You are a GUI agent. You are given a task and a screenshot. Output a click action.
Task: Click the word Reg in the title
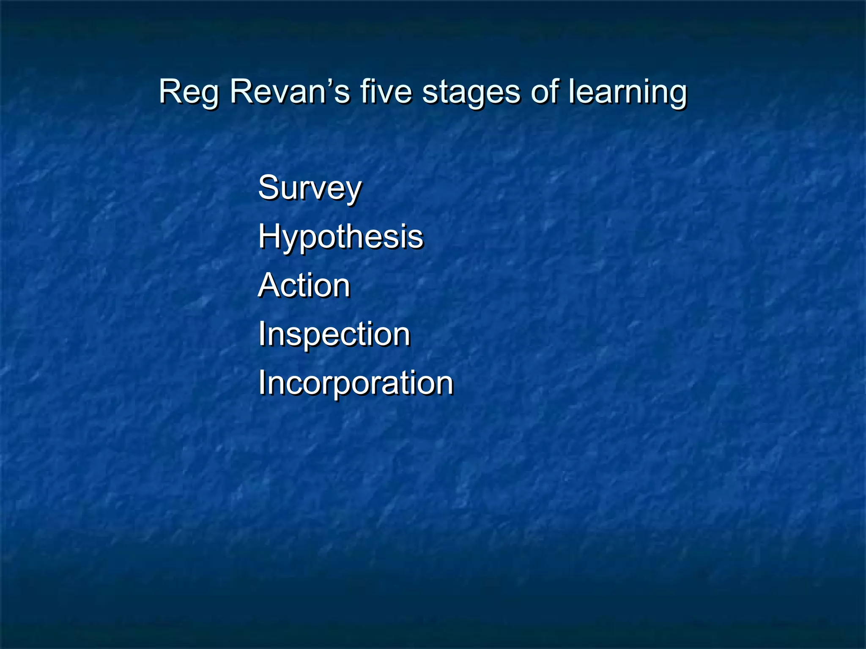189,92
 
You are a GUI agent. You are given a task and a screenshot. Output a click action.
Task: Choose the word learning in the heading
628,92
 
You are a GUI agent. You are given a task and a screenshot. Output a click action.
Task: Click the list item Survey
310,188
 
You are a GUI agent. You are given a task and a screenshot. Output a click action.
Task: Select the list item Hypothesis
340,237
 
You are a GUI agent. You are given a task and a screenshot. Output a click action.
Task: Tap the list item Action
304,285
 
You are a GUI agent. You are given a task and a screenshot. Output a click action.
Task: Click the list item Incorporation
356,383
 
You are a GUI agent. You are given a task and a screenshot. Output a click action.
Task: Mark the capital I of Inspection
262,334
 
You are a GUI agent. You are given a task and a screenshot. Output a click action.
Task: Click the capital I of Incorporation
262,382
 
